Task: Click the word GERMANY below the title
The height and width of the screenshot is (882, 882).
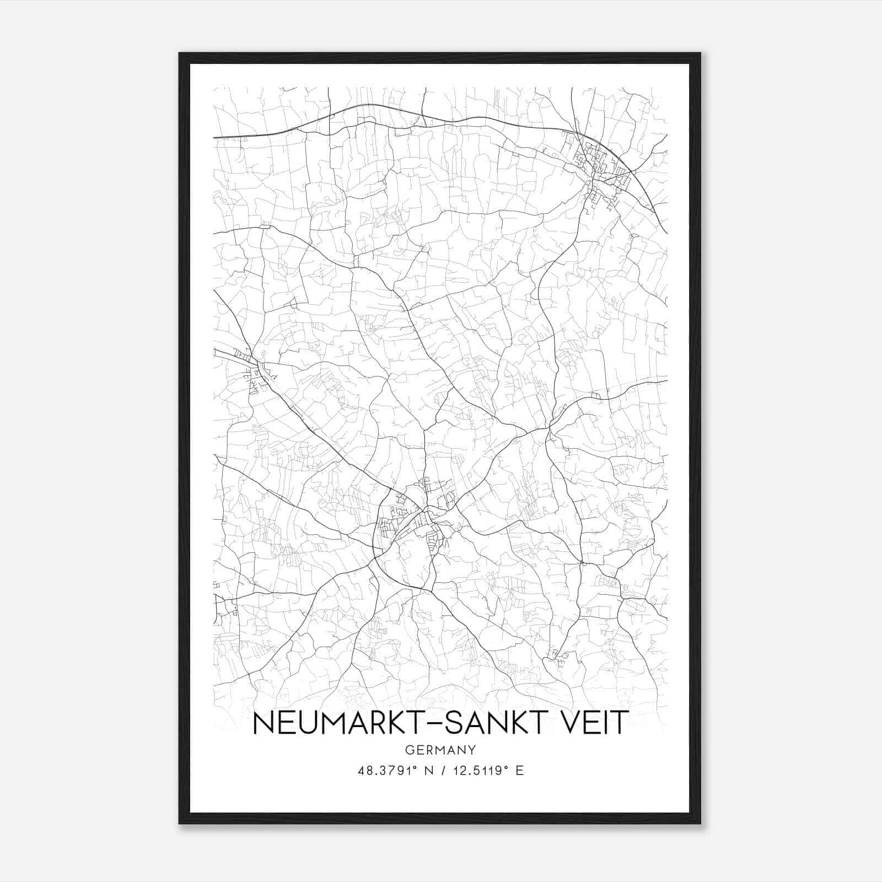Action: click(x=440, y=750)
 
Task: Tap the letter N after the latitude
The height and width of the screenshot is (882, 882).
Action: click(x=424, y=771)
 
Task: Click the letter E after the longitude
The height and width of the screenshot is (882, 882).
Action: click(x=519, y=771)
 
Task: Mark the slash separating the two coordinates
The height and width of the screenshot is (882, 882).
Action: click(x=440, y=771)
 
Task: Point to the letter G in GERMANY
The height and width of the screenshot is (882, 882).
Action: click(x=408, y=750)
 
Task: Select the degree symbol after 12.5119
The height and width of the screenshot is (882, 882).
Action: click(x=505, y=767)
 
